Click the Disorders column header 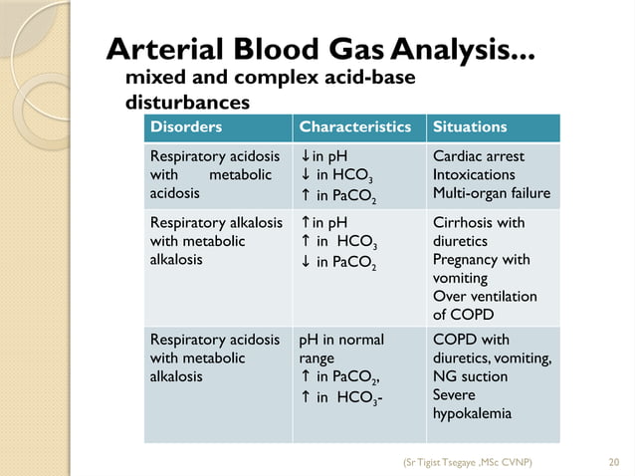click(185, 127)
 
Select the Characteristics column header click(354, 127)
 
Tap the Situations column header click(470, 127)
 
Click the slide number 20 click(613, 461)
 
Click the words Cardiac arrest click(479, 156)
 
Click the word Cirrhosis click(462, 222)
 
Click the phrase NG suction click(470, 376)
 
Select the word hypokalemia click(473, 413)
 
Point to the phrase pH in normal click(340, 340)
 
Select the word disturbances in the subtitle click(186, 102)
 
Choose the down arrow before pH click(305, 156)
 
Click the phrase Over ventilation click(485, 296)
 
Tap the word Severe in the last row click(455, 395)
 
